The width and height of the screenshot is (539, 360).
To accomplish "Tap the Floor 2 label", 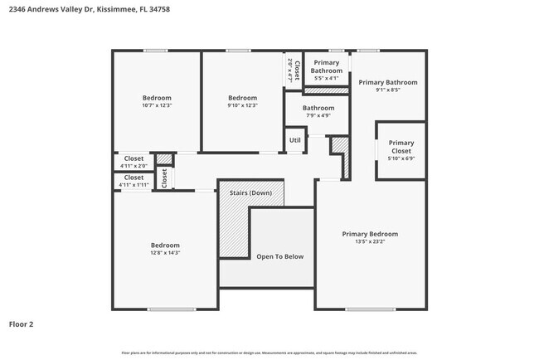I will pyautogui.click(x=22, y=324).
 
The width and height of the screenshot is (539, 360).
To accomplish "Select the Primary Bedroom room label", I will pyautogui.click(x=370, y=234).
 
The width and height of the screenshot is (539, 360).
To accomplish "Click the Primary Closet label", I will pyautogui.click(x=401, y=147).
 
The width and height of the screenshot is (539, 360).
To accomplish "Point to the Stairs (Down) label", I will pyautogui.click(x=250, y=192).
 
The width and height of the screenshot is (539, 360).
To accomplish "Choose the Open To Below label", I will pyautogui.click(x=279, y=256).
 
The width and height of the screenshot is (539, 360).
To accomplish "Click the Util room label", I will pyautogui.click(x=294, y=140).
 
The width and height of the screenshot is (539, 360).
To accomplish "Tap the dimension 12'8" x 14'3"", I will pyautogui.click(x=165, y=252).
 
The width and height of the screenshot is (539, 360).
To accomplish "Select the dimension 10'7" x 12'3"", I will pyautogui.click(x=157, y=105).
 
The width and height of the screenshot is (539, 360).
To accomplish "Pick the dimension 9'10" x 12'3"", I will pyautogui.click(x=243, y=105).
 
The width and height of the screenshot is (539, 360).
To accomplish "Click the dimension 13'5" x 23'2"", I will pyautogui.click(x=370, y=242).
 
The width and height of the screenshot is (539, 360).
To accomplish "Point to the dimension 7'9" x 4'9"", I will pyautogui.click(x=318, y=115).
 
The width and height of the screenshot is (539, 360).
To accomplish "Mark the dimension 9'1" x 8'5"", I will pyautogui.click(x=387, y=90).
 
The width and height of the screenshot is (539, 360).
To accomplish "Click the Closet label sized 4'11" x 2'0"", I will pyautogui.click(x=134, y=158).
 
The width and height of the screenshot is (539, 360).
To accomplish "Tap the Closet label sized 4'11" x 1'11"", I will pyautogui.click(x=134, y=177).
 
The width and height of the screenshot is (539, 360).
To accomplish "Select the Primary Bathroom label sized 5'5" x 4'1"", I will pyautogui.click(x=326, y=66).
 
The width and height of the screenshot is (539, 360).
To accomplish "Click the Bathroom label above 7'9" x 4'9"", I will pyautogui.click(x=318, y=108).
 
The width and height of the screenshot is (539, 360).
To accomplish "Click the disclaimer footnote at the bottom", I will pyautogui.click(x=269, y=353).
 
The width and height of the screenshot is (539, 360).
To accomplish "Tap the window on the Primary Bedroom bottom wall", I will pyautogui.click(x=370, y=309).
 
